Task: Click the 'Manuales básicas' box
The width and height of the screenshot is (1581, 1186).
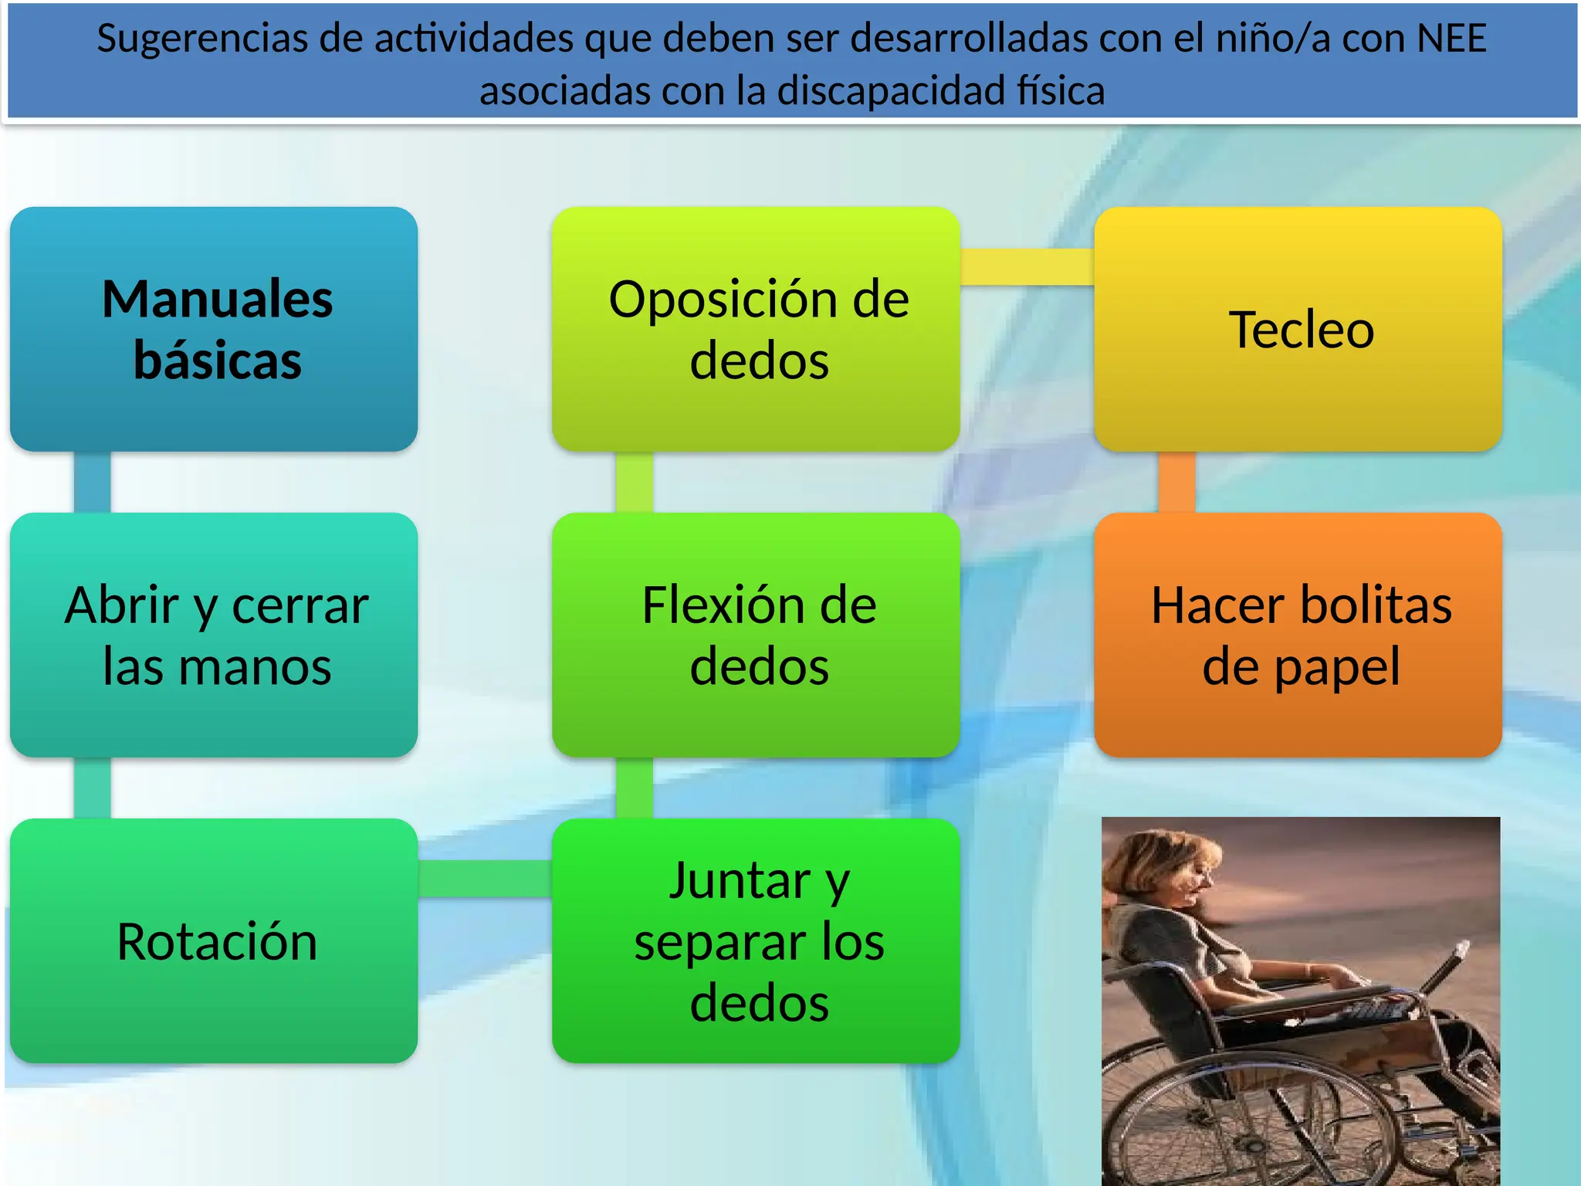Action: tap(214, 329)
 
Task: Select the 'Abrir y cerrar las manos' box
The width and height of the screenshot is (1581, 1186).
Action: tap(214, 635)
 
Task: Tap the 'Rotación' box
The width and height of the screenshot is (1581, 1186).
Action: tap(214, 940)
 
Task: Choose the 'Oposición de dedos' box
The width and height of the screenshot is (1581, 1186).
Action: tap(756, 329)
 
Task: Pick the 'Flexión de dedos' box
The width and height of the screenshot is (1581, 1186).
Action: tap(756, 635)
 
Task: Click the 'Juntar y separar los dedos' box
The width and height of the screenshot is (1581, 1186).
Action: tap(756, 940)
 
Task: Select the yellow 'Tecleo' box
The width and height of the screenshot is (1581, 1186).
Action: tap(1298, 329)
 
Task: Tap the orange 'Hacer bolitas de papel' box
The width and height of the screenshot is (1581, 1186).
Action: tap(1298, 635)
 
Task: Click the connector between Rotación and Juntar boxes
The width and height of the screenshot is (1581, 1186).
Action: tap(485, 879)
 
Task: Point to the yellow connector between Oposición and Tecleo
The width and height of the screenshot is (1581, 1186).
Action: tap(1027, 267)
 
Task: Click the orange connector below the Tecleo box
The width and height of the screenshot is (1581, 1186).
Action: tap(1176, 482)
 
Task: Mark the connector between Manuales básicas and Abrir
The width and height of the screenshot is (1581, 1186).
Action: tap(93, 482)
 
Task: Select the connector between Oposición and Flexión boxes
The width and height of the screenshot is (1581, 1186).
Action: tap(635, 482)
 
